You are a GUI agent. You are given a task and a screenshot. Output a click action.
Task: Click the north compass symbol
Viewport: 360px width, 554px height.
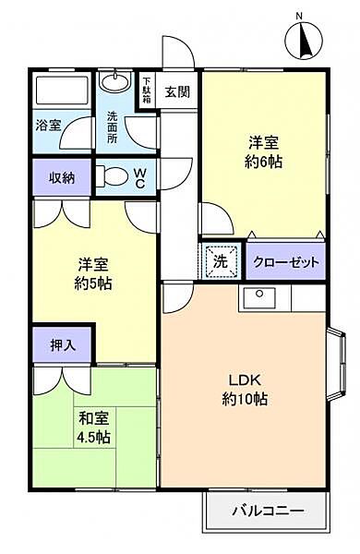(x=304, y=41)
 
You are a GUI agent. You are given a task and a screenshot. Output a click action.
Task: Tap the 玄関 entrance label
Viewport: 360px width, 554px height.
(x=177, y=91)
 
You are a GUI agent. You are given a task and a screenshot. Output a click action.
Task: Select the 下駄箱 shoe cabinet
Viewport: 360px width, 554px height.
(x=147, y=90)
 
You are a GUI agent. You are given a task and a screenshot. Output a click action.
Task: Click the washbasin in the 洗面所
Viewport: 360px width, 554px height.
(x=114, y=81)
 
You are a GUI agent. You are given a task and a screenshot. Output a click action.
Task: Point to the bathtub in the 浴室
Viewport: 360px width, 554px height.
(x=62, y=90)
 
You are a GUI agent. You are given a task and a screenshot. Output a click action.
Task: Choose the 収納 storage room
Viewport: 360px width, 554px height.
(x=62, y=177)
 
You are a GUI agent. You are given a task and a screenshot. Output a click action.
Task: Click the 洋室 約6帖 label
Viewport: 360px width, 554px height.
(x=264, y=152)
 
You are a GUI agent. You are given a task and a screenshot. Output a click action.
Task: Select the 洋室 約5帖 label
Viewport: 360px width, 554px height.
(x=93, y=274)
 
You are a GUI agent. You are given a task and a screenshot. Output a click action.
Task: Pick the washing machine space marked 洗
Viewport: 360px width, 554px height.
(x=221, y=260)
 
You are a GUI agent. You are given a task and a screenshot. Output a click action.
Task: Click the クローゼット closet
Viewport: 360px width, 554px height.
(x=285, y=261)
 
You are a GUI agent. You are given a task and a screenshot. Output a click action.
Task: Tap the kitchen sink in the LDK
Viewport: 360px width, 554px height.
(x=259, y=297)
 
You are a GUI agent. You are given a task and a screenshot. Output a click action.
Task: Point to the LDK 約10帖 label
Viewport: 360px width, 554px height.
(x=245, y=390)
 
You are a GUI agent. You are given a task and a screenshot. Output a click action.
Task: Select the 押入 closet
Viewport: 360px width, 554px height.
(x=63, y=344)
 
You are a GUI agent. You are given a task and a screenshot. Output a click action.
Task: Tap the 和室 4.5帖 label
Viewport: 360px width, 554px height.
(x=93, y=428)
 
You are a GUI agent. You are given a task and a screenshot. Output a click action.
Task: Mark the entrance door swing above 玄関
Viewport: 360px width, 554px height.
(x=178, y=51)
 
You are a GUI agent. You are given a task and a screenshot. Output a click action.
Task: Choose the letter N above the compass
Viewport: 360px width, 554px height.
(x=300, y=16)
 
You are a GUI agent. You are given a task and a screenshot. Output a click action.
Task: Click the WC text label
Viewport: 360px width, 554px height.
(x=139, y=178)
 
